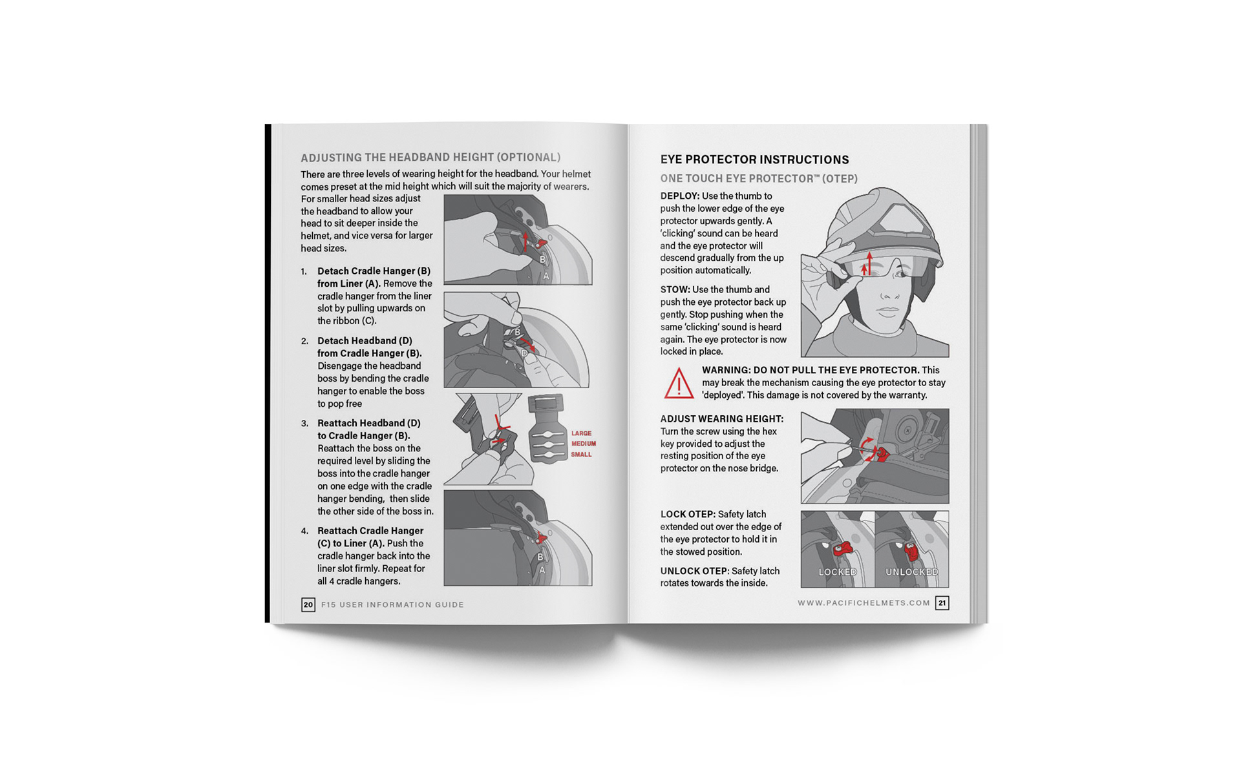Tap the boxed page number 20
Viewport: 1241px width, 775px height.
click(308, 604)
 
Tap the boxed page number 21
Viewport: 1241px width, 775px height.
click(942, 603)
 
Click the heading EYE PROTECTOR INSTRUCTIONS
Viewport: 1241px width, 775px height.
click(754, 160)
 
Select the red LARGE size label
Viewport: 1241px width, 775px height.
click(581, 433)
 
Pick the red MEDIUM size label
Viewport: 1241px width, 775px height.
click(583, 444)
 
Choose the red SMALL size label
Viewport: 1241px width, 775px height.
click(581, 455)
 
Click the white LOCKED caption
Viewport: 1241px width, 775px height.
click(838, 572)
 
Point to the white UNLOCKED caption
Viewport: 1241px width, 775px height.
click(911, 572)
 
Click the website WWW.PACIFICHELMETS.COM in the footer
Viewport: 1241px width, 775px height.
click(864, 603)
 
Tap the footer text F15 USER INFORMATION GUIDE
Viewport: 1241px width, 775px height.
click(392, 605)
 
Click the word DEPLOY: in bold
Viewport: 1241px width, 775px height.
click(679, 196)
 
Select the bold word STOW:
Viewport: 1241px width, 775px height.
click(675, 289)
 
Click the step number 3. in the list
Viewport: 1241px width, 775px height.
click(304, 424)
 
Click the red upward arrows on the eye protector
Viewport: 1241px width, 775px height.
click(867, 263)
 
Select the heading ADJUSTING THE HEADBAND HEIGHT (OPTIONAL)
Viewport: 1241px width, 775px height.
click(430, 158)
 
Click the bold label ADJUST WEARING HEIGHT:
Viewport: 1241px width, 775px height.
click(721, 419)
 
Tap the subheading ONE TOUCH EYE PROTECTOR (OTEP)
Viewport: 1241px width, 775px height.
click(759, 179)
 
